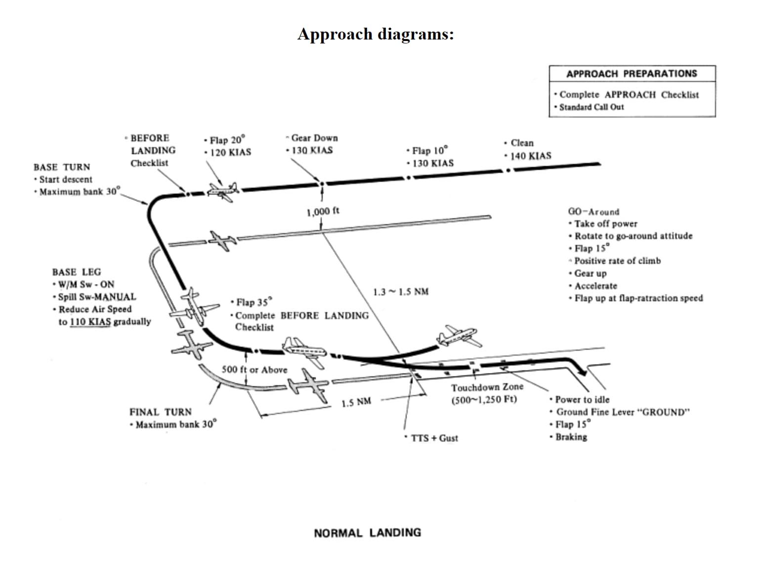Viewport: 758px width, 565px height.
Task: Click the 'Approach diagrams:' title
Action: pyautogui.click(x=376, y=34)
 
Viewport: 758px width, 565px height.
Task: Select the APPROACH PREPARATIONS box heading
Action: pyautogui.click(x=632, y=74)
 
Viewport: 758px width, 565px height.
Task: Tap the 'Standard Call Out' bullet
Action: pyautogui.click(x=591, y=107)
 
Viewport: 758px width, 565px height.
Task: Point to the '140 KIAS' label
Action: pyautogui.click(x=530, y=156)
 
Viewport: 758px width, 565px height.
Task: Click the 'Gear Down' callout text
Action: pyautogui.click(x=314, y=138)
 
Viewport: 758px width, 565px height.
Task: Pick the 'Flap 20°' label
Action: pyautogui.click(x=227, y=140)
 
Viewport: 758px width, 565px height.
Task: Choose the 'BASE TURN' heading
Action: pyautogui.click(x=62, y=167)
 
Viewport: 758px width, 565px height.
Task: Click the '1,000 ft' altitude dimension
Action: pyautogui.click(x=323, y=212)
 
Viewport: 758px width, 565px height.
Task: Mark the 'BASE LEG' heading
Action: pyautogui.click(x=77, y=272)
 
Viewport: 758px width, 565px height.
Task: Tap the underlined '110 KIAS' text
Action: pyautogui.click(x=90, y=322)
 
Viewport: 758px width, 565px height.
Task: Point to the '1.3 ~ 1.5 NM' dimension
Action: pyautogui.click(x=401, y=292)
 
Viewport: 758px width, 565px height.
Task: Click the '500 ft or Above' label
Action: pyautogui.click(x=254, y=369)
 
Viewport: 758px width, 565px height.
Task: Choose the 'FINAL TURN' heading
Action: pyautogui.click(x=161, y=412)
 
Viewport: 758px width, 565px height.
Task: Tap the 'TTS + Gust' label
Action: pyautogui.click(x=434, y=438)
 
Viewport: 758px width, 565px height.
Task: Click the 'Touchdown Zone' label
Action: pyautogui.click(x=487, y=387)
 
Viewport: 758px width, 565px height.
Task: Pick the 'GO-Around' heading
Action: pyautogui.click(x=593, y=212)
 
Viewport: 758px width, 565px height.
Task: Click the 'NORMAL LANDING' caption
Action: pyautogui.click(x=368, y=533)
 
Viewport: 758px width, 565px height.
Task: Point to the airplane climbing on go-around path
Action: pyautogui.click(x=458, y=337)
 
